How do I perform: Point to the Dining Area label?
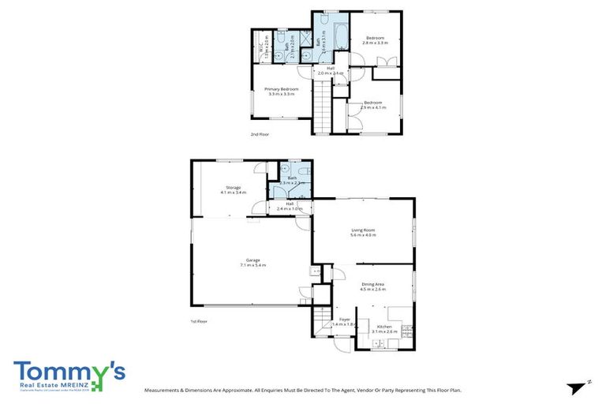coord(373,286)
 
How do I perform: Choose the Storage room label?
coord(234,189)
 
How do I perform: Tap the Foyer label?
coord(344,321)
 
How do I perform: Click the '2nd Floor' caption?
coord(260,134)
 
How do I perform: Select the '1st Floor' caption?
coord(199,322)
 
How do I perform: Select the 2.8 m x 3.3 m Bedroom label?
coord(374,40)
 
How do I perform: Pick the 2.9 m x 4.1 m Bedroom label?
coord(373,105)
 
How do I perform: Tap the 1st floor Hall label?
coord(290,206)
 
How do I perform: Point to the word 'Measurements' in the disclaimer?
coord(164,390)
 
